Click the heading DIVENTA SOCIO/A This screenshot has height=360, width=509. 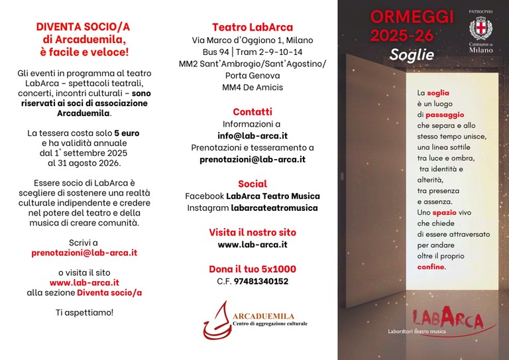[x=84, y=27]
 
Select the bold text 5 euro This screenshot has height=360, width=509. [x=127, y=133]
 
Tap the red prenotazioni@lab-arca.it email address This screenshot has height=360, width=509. [x=84, y=253]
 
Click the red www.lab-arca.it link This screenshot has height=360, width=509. [x=84, y=282]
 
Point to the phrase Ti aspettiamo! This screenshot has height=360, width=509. [x=84, y=312]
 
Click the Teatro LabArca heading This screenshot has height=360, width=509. [x=252, y=27]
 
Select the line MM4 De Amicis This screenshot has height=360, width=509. [x=253, y=87]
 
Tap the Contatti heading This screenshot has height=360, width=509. [x=253, y=111]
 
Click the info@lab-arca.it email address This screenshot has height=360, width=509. [x=253, y=135]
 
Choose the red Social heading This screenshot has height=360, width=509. [x=253, y=184]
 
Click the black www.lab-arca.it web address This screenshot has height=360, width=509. [x=253, y=244]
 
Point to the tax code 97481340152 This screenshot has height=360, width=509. [x=262, y=280]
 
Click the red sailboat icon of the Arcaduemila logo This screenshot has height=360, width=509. [x=216, y=320]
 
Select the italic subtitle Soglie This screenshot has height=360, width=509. [x=412, y=54]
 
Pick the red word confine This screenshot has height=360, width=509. [x=431, y=267]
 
